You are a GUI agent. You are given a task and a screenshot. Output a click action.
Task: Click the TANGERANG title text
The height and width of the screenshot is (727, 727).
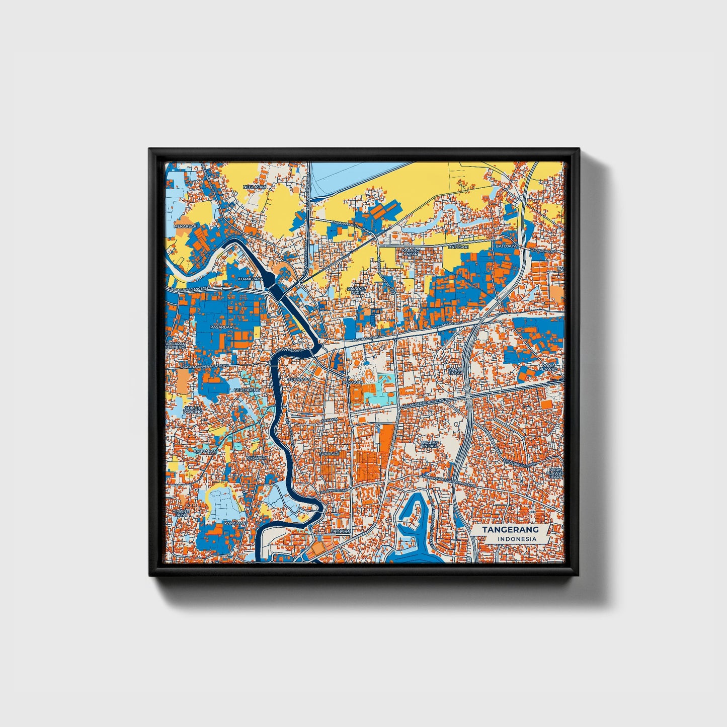[510, 530]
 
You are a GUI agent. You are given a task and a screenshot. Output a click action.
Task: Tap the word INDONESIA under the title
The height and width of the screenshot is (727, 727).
[517, 539]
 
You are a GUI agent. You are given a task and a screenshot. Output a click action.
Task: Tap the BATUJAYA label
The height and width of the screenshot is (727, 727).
[506, 246]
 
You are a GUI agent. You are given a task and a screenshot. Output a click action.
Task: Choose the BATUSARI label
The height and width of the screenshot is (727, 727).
[458, 247]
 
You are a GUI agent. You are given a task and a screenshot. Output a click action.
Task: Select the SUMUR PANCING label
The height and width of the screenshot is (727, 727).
[193, 410]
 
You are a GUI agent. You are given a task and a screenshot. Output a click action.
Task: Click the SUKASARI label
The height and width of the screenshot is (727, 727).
[329, 453]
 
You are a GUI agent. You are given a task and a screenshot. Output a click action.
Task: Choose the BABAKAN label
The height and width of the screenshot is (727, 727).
[340, 531]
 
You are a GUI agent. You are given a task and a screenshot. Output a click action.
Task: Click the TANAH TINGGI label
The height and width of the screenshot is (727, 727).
[455, 370]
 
